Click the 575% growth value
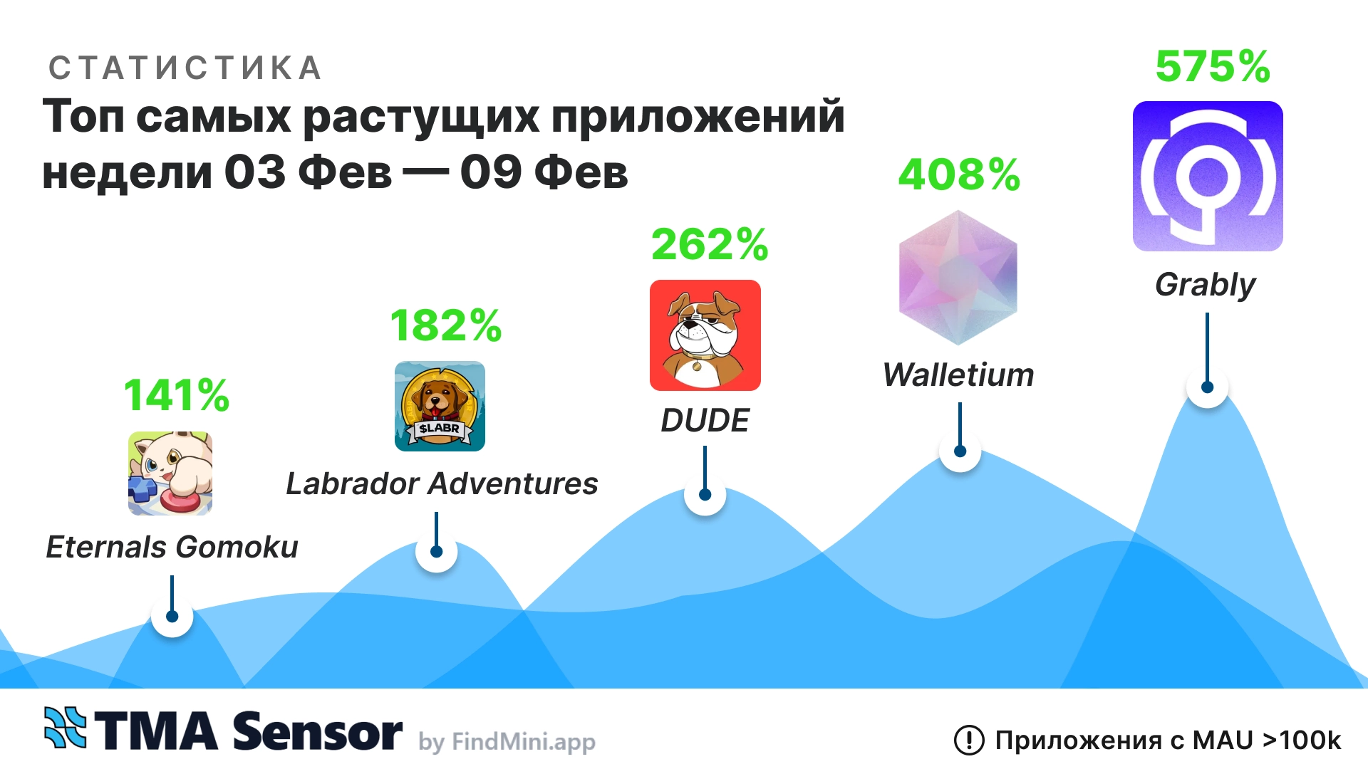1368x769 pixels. (1212, 67)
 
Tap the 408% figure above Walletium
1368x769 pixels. (959, 175)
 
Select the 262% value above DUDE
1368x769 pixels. (710, 245)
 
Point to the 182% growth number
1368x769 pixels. (446, 326)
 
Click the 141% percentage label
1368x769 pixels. (177, 395)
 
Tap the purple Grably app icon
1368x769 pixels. (1208, 176)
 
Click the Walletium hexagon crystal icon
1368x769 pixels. (958, 278)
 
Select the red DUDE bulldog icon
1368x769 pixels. (705, 335)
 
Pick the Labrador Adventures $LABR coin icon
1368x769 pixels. (440, 407)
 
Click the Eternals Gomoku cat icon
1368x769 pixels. (170, 474)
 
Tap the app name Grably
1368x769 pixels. (1205, 285)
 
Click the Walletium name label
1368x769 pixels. (958, 375)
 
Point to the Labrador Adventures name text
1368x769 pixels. (442, 484)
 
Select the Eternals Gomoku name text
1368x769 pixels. (172, 548)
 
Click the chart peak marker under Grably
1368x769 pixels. (1207, 387)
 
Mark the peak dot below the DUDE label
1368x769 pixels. (705, 495)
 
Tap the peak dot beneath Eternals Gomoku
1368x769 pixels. (172, 617)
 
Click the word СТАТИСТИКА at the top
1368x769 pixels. (185, 68)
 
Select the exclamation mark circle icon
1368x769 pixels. (969, 741)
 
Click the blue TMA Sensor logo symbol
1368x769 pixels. (65, 728)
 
